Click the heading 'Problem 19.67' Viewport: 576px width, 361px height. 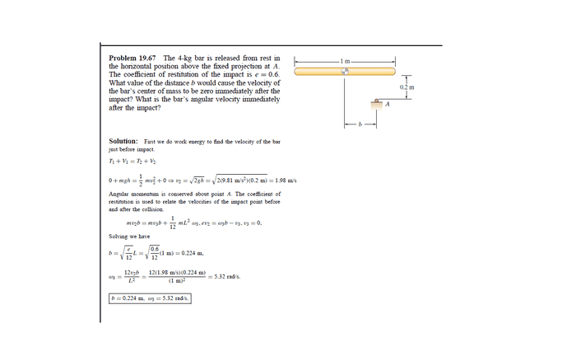click(x=133, y=59)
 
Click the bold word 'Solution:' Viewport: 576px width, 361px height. click(x=123, y=142)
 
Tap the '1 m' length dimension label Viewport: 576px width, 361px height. click(x=347, y=61)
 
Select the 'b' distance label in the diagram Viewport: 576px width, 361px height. click(x=360, y=125)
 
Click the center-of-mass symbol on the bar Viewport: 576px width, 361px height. click(x=346, y=72)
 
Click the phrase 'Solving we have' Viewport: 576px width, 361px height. click(x=130, y=237)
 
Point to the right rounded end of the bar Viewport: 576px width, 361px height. click(x=393, y=72)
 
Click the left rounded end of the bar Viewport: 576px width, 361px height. click(x=299, y=72)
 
